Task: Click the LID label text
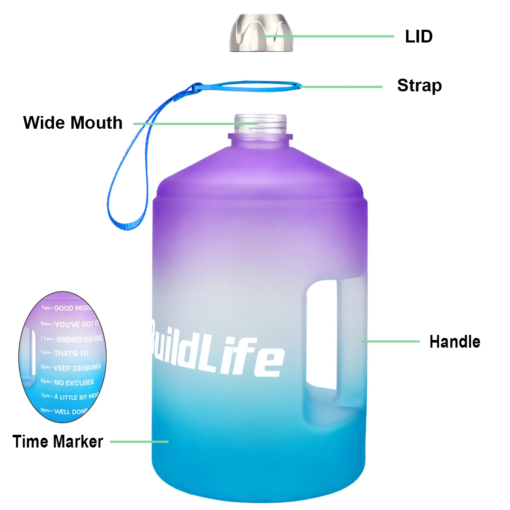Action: pyautogui.click(x=419, y=37)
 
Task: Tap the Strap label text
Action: pyautogui.click(x=419, y=85)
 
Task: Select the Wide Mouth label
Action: pyautogui.click(x=73, y=123)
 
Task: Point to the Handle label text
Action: pyautogui.click(x=455, y=342)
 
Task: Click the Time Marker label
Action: pyautogui.click(x=58, y=442)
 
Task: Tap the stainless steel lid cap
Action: pyautogui.click(x=261, y=33)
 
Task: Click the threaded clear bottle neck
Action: pyautogui.click(x=260, y=124)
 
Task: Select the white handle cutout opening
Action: pyautogui.click(x=322, y=336)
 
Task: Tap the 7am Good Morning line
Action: pyautogui.click(x=68, y=308)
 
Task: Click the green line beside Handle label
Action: pyautogui.click(x=390, y=341)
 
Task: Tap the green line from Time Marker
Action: pyautogui.click(x=139, y=442)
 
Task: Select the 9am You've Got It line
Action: pyautogui.click(x=70, y=324)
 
